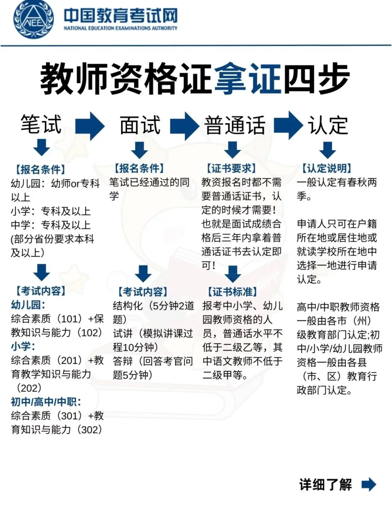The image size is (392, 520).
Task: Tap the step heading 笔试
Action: point(41,125)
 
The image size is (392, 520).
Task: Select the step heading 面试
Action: point(140,125)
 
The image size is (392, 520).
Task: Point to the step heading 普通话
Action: point(235,125)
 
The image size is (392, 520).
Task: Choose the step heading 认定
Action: point(328,125)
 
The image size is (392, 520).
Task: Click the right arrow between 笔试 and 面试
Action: point(90,126)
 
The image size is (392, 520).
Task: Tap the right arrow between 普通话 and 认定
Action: point(289,125)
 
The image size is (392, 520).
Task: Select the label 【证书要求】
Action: point(231,168)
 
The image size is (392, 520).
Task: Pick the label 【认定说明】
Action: point(327,168)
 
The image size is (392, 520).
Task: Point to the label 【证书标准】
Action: point(232,292)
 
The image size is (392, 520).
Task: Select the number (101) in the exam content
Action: point(69,319)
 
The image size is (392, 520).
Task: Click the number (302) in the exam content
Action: point(90,430)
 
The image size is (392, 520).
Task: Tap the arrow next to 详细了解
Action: point(369,484)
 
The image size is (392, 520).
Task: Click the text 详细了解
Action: point(325,484)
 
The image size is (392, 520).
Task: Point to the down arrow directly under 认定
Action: point(328,149)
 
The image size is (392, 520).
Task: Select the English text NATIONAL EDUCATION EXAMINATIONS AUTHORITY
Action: point(121,28)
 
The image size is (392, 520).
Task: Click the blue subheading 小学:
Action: point(23,346)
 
